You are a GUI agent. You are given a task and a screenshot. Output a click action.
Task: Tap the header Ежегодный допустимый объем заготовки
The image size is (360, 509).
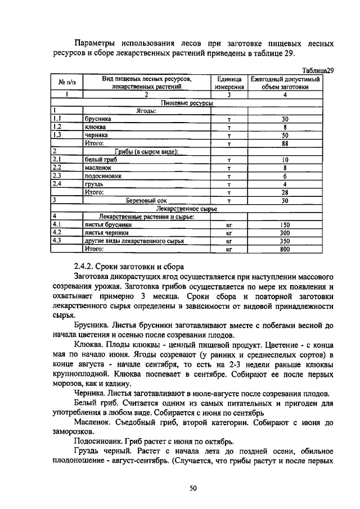point(285,83)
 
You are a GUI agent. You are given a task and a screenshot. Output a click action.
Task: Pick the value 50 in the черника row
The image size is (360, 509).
point(285,136)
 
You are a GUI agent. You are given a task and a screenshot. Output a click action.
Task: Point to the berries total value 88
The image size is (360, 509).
point(285,143)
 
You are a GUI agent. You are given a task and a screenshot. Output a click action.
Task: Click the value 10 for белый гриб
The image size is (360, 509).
point(285,160)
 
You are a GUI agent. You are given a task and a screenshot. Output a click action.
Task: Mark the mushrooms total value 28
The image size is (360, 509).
point(285,192)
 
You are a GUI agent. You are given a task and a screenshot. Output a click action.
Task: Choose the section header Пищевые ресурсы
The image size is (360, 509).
point(187,103)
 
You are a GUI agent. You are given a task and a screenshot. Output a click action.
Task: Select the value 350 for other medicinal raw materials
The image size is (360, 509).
point(285,241)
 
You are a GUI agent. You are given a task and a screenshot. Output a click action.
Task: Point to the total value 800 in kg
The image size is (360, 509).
point(285,249)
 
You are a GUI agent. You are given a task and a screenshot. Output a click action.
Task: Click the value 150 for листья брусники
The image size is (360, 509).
point(285,224)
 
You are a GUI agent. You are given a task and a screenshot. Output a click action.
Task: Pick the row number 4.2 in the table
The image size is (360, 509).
point(57,232)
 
